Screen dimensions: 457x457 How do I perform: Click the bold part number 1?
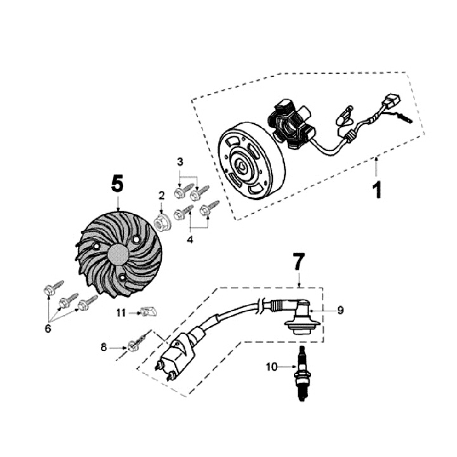(x=377, y=189)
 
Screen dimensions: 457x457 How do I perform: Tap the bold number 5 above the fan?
(x=117, y=183)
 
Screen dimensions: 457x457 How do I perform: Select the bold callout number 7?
(x=299, y=261)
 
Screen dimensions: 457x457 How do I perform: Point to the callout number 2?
(x=161, y=195)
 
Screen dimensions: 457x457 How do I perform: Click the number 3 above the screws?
(x=180, y=162)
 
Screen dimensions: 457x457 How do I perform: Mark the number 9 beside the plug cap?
(x=340, y=310)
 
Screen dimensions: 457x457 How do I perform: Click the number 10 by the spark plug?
(x=272, y=366)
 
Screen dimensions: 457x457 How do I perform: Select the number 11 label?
(x=121, y=313)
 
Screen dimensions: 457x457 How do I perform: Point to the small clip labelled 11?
(x=149, y=312)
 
